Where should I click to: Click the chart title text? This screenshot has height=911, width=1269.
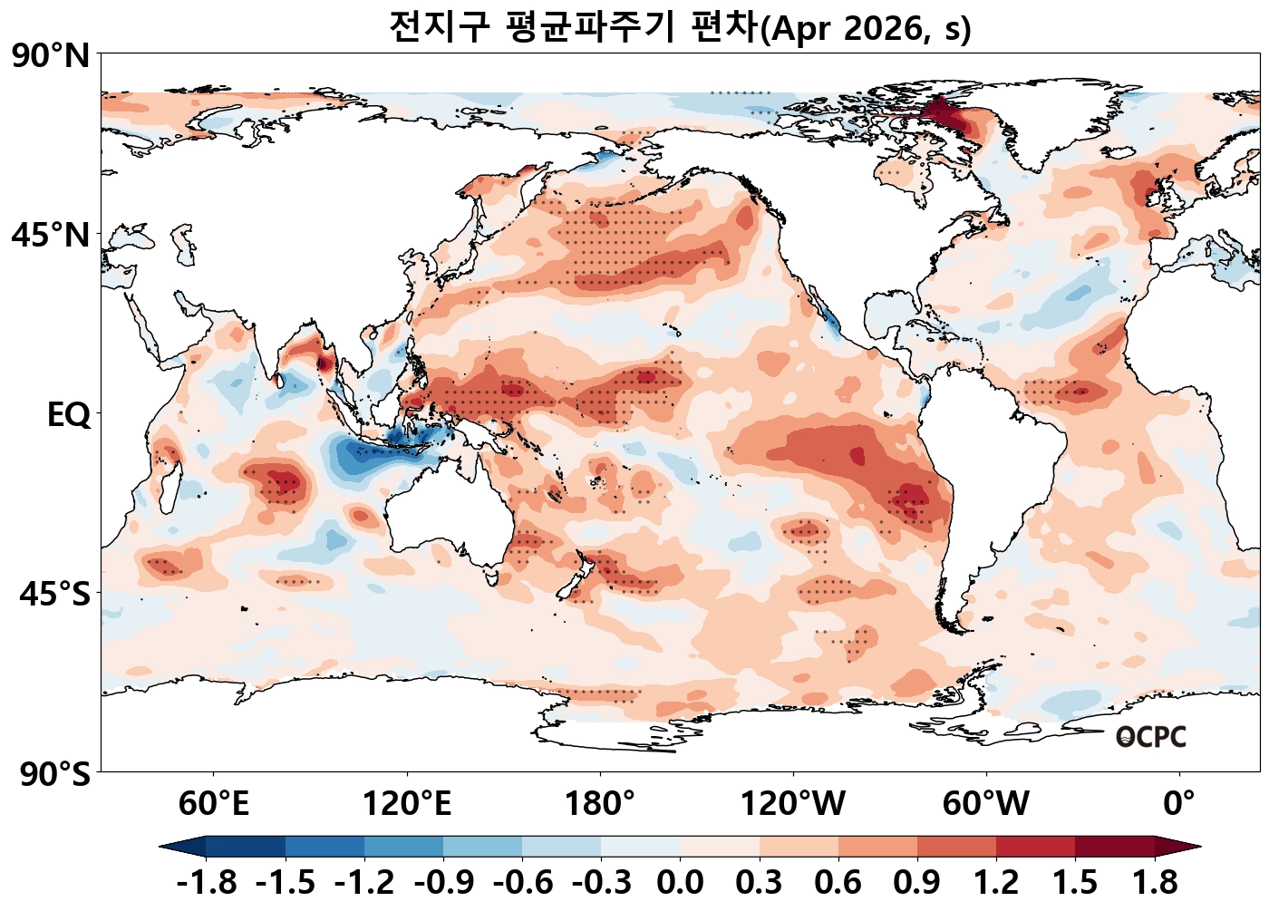click(680, 27)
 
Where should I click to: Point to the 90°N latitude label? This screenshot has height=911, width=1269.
click(51, 56)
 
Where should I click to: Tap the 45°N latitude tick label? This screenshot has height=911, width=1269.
click(51, 236)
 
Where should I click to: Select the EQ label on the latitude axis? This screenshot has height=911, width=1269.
click(69, 415)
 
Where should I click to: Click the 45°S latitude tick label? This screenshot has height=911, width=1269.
click(54, 595)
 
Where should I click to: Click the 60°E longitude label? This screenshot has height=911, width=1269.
click(213, 804)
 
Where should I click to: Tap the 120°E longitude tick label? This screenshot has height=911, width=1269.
click(406, 804)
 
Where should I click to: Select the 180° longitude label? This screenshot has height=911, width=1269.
click(600, 804)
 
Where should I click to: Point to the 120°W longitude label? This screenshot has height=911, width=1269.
click(793, 804)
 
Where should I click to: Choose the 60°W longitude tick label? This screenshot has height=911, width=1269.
click(986, 804)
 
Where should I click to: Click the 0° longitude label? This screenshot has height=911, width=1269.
click(1179, 804)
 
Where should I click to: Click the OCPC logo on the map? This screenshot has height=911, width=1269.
click(1150, 737)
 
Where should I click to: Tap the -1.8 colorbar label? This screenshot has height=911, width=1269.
click(207, 882)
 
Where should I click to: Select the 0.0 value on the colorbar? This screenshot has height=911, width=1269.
click(681, 882)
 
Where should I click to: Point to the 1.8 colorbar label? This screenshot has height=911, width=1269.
click(1155, 882)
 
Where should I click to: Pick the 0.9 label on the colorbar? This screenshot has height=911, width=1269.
click(917, 882)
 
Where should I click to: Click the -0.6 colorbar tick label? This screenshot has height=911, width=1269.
click(523, 882)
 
